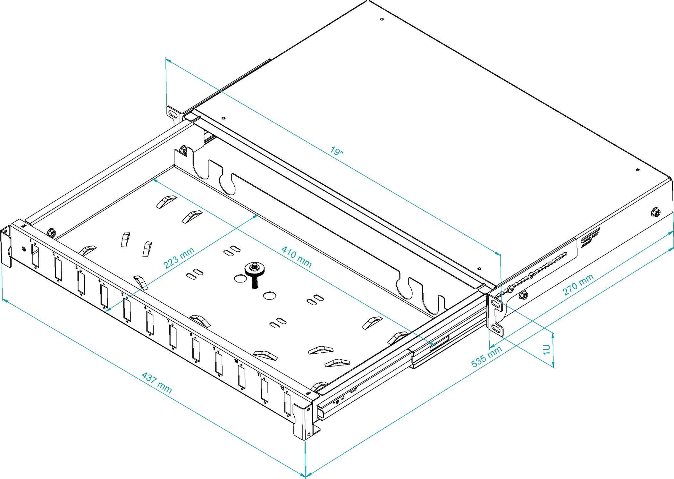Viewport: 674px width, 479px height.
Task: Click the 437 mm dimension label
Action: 157,382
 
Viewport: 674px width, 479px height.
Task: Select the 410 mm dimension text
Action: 296,257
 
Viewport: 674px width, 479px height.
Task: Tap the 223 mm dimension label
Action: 179,258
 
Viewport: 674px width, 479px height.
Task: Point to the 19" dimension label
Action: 337,151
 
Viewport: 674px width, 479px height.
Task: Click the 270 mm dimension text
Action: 578,284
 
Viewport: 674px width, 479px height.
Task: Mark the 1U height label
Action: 546,349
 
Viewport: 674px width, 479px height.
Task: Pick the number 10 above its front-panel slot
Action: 236,361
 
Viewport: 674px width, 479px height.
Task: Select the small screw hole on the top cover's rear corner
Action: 382,19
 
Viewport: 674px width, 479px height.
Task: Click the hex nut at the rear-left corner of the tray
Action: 183,150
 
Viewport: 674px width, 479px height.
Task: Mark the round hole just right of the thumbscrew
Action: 269,295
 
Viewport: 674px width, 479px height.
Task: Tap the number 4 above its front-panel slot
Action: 100,281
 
